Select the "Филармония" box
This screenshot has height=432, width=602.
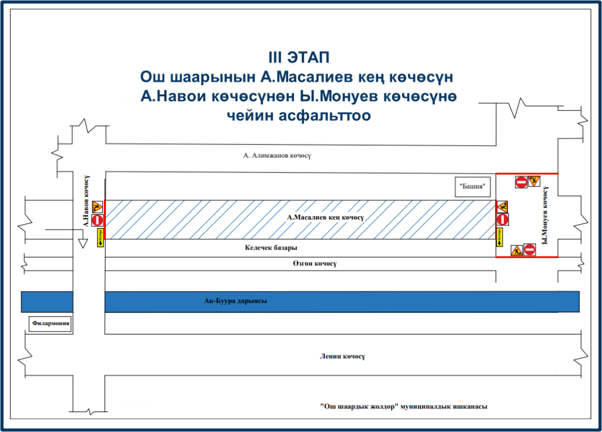click(51, 323)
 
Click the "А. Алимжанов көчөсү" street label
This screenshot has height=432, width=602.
click(276, 156)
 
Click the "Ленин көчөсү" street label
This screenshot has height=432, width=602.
click(343, 356)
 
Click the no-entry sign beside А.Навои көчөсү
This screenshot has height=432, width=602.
click(98, 221)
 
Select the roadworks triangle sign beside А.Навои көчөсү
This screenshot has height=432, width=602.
click(98, 207)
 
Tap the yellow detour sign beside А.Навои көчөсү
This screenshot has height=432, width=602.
click(100, 238)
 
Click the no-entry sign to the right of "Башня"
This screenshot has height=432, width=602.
click(521, 182)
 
